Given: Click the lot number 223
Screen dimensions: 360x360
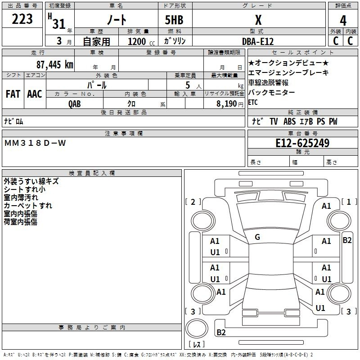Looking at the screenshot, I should pos(22,19).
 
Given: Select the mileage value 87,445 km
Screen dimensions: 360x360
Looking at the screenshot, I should pos(54,64).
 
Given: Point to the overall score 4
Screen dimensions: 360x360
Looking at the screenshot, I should pos(343,20).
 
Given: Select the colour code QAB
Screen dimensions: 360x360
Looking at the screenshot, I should pos(75,103).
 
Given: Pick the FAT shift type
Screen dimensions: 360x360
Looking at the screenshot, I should pos(13,94).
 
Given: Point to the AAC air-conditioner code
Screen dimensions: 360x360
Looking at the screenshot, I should pos(35,94).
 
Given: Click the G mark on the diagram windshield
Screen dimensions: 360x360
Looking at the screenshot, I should pos(257,237).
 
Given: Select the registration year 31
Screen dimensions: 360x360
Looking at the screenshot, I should pos(59,24).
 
